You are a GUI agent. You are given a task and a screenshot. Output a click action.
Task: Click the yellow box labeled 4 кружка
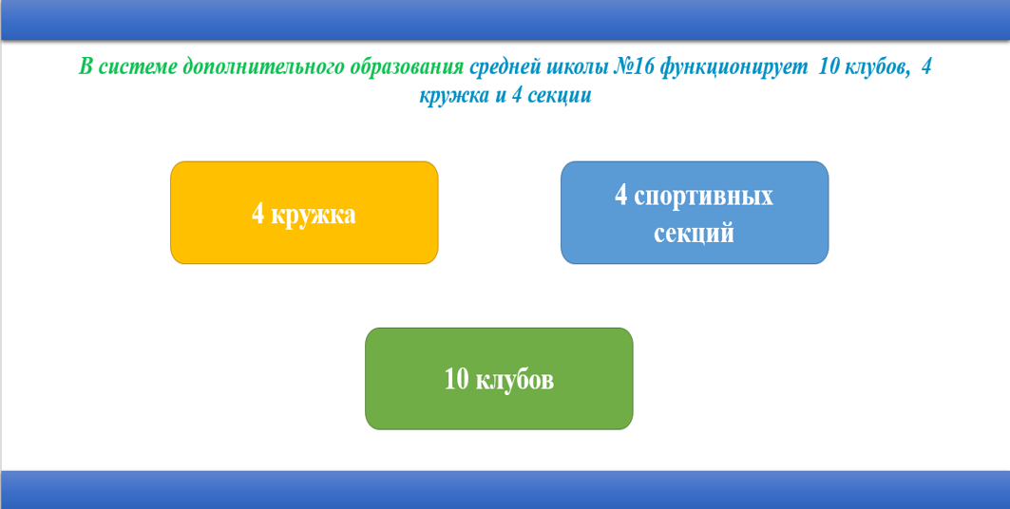click(304, 213)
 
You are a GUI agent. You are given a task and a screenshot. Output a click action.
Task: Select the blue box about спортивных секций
click(695, 213)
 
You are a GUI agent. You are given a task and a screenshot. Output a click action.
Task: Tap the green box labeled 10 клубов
click(499, 378)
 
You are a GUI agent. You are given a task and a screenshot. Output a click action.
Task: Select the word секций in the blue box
click(695, 233)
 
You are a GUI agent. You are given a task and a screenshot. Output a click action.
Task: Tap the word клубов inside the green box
click(514, 379)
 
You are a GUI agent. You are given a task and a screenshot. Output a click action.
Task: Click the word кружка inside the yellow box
click(313, 216)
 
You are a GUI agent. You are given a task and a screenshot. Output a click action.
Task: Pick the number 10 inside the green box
click(457, 379)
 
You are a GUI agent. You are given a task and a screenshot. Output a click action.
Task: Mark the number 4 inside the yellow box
click(258, 214)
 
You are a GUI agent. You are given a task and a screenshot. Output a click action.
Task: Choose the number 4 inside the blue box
click(621, 195)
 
